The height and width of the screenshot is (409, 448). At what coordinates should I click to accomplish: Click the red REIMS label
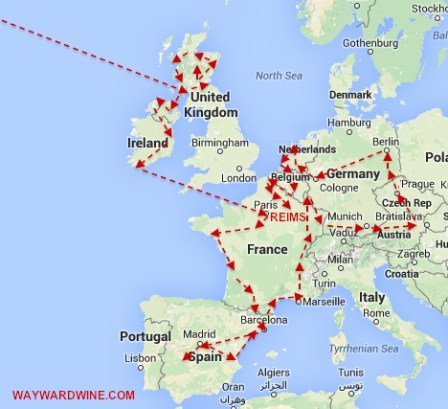point(291,218)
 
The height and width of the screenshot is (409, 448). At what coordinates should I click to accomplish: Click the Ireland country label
point(148,143)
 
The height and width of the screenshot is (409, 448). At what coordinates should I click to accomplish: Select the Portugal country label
point(146,336)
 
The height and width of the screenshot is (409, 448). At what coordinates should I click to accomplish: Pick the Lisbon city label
point(140,357)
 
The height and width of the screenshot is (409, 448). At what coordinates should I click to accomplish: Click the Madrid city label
point(201,334)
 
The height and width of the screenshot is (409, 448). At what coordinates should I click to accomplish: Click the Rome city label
point(375,312)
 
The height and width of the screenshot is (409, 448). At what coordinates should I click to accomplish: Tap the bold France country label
point(267,249)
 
